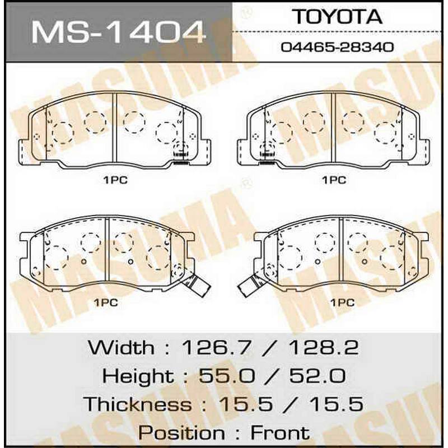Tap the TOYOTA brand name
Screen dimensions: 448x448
click(338, 17)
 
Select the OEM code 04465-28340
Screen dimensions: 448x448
click(338, 47)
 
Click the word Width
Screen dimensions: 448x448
click(121, 347)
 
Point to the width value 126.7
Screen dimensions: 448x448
click(217, 348)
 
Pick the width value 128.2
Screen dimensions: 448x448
click(324, 348)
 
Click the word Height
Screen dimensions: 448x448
click(138, 375)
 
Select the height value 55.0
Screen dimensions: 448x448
click(227, 376)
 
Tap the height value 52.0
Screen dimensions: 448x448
click(318, 376)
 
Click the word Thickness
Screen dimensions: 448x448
click(138, 404)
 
